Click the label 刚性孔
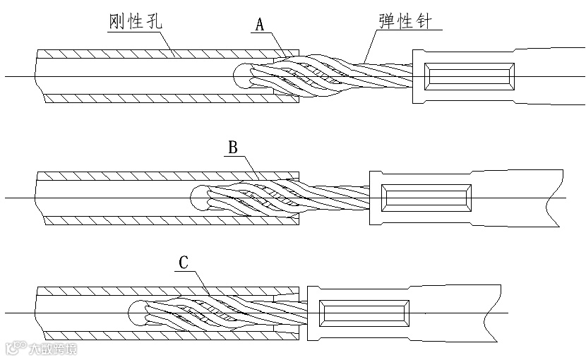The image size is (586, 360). tap(136, 23)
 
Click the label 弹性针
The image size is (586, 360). tap(401, 21)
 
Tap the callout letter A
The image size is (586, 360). tap(260, 26)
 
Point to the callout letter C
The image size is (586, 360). tap(183, 263)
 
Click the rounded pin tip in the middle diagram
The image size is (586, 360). tap(198, 198)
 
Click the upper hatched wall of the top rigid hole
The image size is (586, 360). tap(162, 53)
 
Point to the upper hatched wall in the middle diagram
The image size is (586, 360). tap(141, 176)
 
